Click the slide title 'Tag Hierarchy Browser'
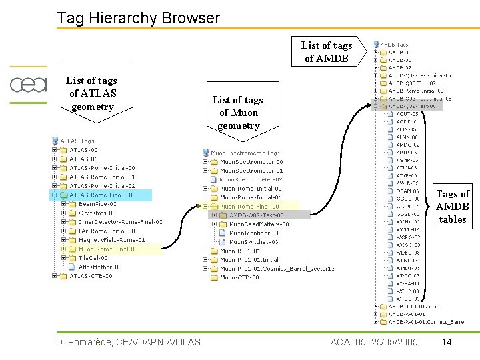click(x=138, y=18)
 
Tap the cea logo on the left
click(x=29, y=85)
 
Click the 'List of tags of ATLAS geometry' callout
click(x=91, y=94)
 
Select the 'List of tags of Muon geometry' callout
click(x=238, y=112)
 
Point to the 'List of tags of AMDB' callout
click(x=327, y=51)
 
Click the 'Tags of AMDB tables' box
click(x=453, y=206)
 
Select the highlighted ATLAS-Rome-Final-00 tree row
click(x=100, y=195)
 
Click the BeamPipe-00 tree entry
click(x=97, y=204)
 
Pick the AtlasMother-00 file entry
click(x=99, y=267)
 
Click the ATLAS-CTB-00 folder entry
click(x=93, y=276)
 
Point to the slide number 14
click(x=447, y=342)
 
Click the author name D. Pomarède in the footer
click(x=91, y=342)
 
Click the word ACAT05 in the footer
click(x=347, y=342)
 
